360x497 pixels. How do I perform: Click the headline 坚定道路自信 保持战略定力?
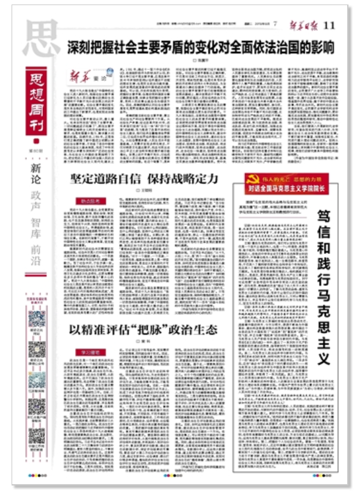144,178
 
